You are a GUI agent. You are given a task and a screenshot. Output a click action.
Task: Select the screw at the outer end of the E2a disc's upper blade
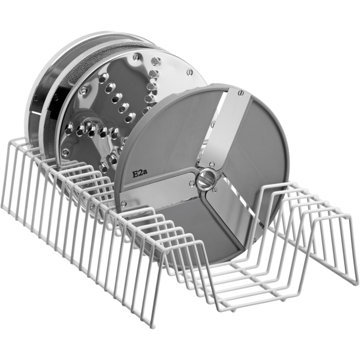241,93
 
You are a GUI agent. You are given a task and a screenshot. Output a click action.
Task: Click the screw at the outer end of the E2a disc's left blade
124,203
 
